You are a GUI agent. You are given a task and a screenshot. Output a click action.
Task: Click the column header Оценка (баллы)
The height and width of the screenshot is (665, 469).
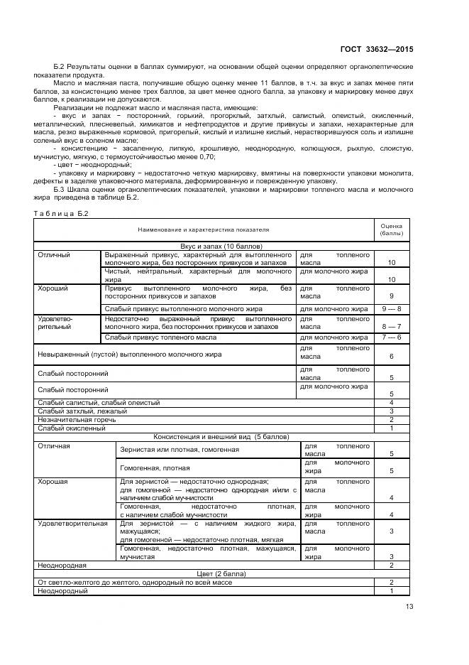[x=391, y=229]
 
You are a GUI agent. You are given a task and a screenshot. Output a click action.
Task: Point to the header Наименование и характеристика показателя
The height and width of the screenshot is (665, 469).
[x=204, y=229]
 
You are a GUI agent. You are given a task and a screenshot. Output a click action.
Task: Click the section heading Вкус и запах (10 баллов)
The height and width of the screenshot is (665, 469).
[x=204, y=246]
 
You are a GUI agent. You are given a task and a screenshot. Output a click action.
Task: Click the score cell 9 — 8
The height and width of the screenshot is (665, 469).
[x=391, y=309]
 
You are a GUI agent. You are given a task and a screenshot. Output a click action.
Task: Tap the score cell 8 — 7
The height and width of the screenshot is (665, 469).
[x=391, y=326]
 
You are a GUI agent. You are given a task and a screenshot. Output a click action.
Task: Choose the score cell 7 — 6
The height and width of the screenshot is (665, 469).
[x=391, y=337]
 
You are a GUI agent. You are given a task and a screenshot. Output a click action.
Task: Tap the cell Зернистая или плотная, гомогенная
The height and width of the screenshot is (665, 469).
[x=180, y=450]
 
